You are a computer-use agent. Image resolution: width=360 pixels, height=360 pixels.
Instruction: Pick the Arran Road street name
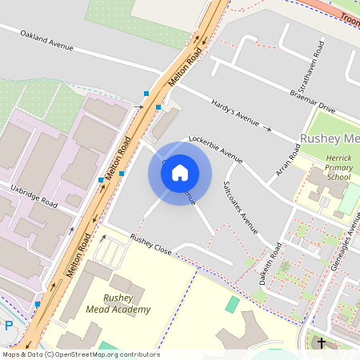(287, 164)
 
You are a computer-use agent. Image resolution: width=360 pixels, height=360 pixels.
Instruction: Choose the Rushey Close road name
(151, 245)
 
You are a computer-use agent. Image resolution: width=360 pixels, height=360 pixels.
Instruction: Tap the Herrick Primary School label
(338, 167)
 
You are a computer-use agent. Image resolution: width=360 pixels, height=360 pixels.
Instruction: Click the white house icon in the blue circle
(180, 173)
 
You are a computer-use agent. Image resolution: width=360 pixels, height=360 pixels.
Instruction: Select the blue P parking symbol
(9, 326)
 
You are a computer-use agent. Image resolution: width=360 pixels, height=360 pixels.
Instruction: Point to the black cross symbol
(322, 343)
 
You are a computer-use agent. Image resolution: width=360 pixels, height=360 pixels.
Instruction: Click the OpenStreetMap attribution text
(80, 354)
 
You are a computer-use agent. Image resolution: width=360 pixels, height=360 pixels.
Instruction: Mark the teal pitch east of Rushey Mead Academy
(232, 304)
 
